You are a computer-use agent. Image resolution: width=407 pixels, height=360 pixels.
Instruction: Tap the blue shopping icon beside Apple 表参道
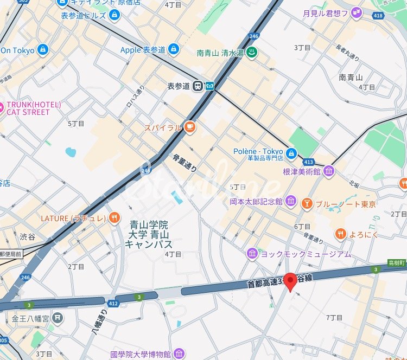(x=173, y=49)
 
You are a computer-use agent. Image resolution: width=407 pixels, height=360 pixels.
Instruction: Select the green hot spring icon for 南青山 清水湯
(x=252, y=53)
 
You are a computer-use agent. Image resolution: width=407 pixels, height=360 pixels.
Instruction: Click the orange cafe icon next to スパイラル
(x=189, y=127)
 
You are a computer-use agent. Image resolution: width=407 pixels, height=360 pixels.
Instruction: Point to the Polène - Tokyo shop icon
(x=291, y=153)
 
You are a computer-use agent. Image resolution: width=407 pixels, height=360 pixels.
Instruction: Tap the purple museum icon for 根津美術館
(x=329, y=171)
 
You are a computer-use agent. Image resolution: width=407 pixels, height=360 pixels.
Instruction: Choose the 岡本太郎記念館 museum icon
(x=290, y=202)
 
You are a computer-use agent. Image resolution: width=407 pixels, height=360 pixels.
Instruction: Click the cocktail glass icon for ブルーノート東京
(x=307, y=204)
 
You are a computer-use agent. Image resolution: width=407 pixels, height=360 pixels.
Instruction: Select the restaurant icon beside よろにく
(x=340, y=234)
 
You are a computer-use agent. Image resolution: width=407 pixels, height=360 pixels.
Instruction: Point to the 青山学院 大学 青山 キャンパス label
(x=149, y=234)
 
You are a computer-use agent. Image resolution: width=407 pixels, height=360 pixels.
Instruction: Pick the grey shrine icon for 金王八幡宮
(x=57, y=318)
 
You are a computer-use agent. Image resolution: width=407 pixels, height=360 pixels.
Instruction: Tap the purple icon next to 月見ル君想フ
(x=356, y=12)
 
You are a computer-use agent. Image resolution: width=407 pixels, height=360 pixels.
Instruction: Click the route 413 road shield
(x=309, y=162)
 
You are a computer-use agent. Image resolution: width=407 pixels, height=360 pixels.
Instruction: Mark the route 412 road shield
(x=113, y=303)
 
